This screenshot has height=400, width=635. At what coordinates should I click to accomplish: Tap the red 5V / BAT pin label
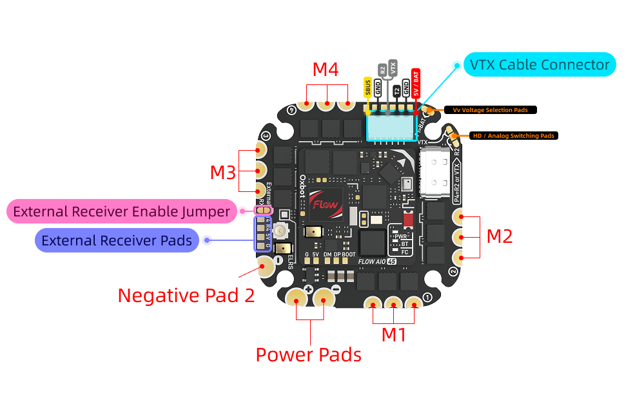[x=416, y=82]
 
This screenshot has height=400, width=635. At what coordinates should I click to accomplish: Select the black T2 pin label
[x=396, y=91]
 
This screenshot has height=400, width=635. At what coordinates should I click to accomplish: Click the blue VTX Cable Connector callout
[x=540, y=64]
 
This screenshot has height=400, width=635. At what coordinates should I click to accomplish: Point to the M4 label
[x=326, y=70]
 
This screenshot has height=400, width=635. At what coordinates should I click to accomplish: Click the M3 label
[x=222, y=172]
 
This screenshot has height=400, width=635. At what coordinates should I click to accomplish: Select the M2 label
[x=499, y=236]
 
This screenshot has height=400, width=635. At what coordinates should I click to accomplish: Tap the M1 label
[x=394, y=334]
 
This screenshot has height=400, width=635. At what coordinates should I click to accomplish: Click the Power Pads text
[x=308, y=354]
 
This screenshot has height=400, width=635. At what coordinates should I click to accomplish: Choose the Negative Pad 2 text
[x=186, y=295]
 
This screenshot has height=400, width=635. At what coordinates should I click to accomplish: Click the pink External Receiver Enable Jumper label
[x=121, y=211]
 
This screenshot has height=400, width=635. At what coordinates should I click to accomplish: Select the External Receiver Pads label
[x=117, y=240]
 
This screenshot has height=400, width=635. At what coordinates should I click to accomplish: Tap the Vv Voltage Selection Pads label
[x=490, y=110]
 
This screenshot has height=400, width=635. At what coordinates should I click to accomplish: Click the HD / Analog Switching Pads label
[x=513, y=136]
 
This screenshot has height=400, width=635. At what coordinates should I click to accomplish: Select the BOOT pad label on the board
[x=348, y=254]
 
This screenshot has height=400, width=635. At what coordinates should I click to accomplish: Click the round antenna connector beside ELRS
[x=281, y=231]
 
